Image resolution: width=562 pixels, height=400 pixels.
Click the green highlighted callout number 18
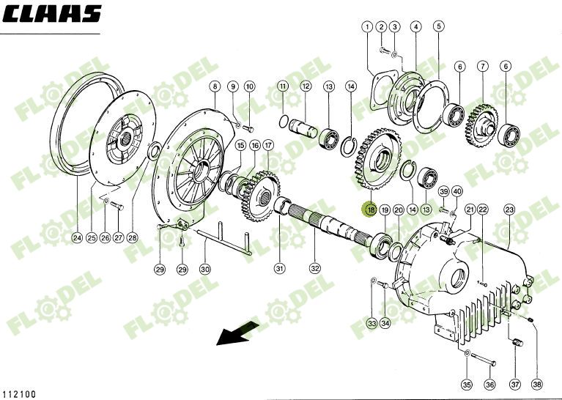[370, 210]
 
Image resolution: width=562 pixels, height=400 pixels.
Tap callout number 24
[76, 237]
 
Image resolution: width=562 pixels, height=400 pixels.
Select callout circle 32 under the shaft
[315, 268]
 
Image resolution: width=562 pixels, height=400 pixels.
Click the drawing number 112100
[20, 393]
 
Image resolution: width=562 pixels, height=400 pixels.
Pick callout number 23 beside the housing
[509, 210]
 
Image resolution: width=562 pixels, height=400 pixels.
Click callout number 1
[366, 27]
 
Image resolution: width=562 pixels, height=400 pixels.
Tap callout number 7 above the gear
[482, 67]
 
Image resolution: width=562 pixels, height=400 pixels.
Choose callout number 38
[538, 384]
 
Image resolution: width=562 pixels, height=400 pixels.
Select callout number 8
[215, 86]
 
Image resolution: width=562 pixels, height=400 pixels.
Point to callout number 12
[306, 86]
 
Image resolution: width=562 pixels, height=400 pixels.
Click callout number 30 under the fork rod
[205, 269]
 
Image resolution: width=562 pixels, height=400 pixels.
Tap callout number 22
[482, 210]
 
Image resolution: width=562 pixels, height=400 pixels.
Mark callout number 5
[438, 27]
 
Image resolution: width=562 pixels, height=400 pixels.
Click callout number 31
[279, 268]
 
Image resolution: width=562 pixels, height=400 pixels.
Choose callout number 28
[132, 237]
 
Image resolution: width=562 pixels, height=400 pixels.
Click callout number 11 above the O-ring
[282, 86]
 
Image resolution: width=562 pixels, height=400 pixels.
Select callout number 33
[371, 323]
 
